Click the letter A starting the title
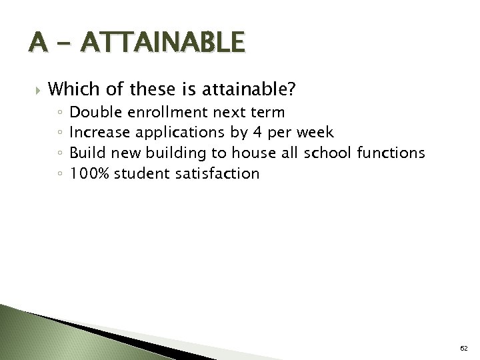(39, 45)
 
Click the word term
(266, 111)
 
